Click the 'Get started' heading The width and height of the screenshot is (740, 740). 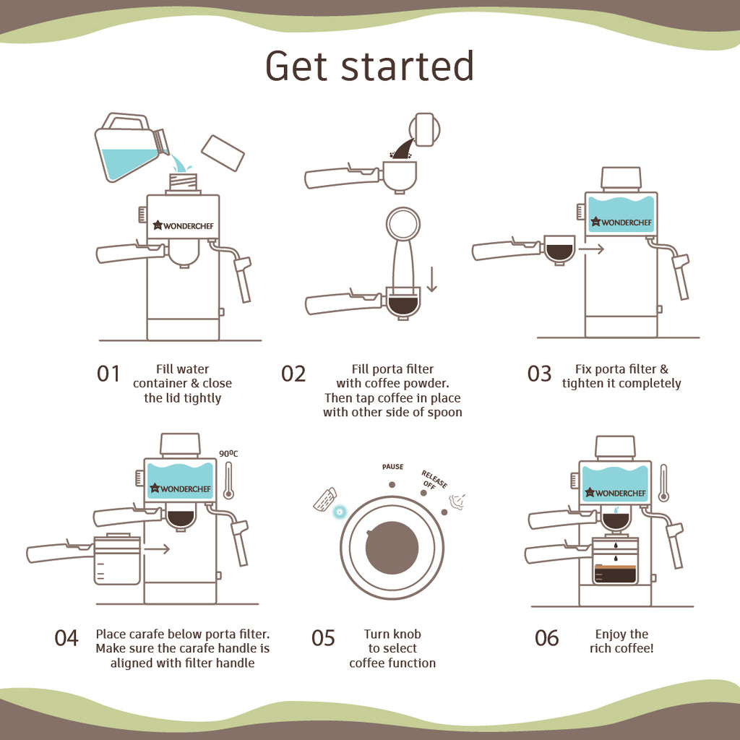(x=369, y=66)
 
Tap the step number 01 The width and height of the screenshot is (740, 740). (x=108, y=374)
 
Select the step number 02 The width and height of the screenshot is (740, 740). (x=293, y=374)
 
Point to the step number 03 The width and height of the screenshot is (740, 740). (x=539, y=374)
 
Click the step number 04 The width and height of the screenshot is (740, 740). (x=66, y=638)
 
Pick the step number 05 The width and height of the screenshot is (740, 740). (x=323, y=638)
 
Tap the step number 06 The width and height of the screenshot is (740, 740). (x=546, y=638)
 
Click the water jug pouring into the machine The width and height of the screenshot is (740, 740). (x=132, y=147)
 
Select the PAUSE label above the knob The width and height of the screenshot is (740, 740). (x=392, y=467)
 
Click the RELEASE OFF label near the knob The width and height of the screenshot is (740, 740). (x=434, y=480)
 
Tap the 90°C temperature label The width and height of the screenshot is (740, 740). (x=228, y=454)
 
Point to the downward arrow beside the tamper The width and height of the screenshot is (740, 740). (x=431, y=279)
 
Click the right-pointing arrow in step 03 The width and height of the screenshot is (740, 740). (x=591, y=249)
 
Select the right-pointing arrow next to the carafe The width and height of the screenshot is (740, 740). (x=157, y=549)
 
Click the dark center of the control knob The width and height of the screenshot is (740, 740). (x=392, y=548)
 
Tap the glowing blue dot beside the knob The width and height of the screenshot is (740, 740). (x=339, y=511)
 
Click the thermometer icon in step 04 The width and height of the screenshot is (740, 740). (x=229, y=481)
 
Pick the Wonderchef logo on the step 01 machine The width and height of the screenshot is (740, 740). (x=183, y=225)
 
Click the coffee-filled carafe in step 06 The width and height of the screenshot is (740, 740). (x=614, y=561)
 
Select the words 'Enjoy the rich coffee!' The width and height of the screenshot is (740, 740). (x=621, y=641)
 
